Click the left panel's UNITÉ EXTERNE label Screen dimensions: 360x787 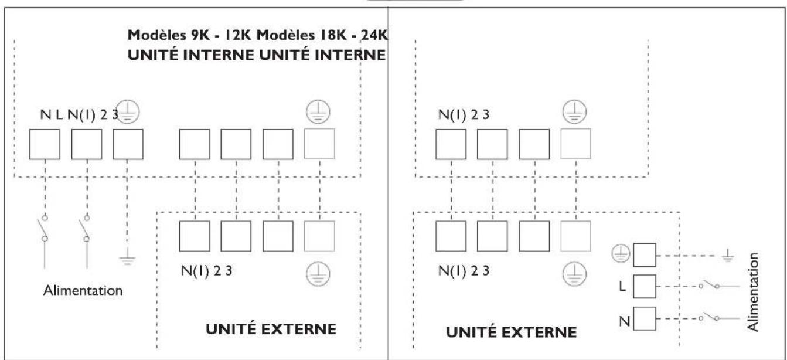pos(270,329)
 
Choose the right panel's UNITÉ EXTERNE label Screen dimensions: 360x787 pos(511,332)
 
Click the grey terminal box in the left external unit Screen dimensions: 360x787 pos(319,235)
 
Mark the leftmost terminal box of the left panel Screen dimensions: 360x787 pos(44,144)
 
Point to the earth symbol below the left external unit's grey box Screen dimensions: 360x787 pos(319,272)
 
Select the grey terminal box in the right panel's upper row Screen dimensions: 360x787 pos(575,144)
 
